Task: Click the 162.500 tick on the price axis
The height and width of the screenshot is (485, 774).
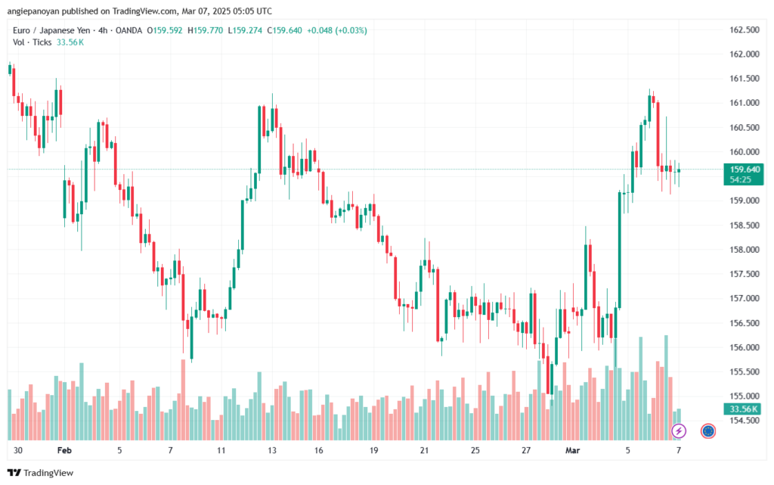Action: (744, 30)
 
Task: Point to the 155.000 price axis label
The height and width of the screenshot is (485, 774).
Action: (744, 396)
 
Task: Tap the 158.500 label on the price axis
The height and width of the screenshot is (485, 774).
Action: (744, 225)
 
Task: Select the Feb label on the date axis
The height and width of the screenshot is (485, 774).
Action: (64, 449)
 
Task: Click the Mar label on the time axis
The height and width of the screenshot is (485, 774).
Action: (572, 449)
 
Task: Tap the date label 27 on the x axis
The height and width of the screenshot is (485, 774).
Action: (526, 449)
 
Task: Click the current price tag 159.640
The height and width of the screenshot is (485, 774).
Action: (744, 169)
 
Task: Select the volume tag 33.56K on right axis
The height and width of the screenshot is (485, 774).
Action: (744, 409)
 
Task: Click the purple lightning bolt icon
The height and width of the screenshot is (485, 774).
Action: (679, 431)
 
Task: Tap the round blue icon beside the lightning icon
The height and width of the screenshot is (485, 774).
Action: (708, 431)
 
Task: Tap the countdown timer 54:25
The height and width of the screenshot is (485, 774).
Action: (741, 179)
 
